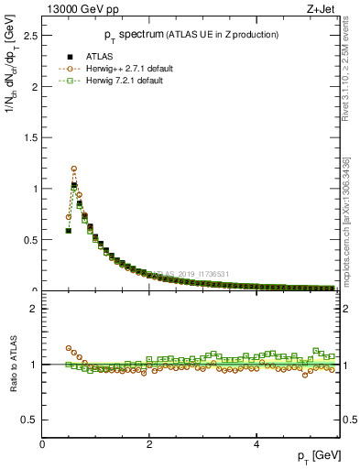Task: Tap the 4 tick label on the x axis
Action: tap(257, 443)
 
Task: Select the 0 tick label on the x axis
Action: tap(43, 443)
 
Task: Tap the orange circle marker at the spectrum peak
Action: tap(74, 169)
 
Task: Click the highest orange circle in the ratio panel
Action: tap(69, 348)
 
